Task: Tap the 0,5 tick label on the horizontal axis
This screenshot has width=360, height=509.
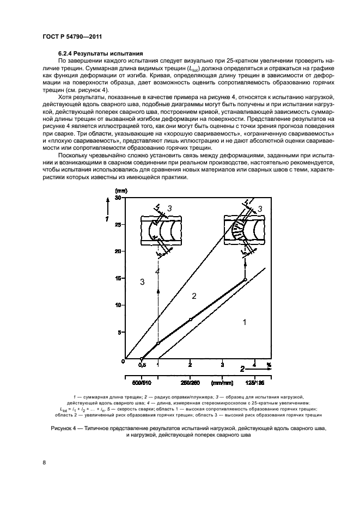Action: point(141,366)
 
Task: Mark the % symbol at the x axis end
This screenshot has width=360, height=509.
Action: point(268,365)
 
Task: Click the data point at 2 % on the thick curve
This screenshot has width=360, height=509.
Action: point(190,320)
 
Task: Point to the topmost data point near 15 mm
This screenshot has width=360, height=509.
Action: point(245,279)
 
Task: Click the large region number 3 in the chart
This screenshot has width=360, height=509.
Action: point(142,281)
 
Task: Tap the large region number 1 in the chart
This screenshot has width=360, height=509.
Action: point(245,322)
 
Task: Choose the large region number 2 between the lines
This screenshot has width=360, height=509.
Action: point(192,296)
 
